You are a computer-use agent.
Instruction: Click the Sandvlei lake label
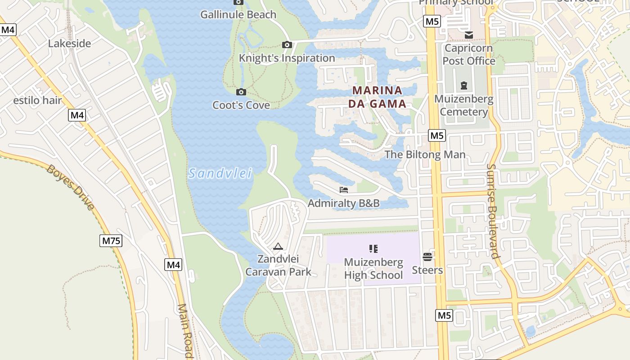click(220, 173)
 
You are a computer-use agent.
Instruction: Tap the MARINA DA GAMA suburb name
click(377, 97)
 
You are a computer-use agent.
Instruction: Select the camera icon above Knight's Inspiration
click(287, 45)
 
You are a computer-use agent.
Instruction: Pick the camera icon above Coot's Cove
click(241, 92)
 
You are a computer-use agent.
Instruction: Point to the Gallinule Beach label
click(238, 14)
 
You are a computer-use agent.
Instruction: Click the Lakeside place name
click(69, 44)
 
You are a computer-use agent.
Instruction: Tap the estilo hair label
click(37, 100)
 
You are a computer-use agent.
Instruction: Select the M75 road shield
click(111, 241)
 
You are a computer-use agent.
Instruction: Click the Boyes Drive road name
click(71, 188)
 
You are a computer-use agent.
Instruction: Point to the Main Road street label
click(185, 331)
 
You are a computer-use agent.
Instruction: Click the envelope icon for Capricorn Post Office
click(469, 35)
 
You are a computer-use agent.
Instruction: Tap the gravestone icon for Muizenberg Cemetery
click(464, 85)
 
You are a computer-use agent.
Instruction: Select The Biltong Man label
click(425, 155)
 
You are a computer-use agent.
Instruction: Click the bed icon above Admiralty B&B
click(344, 190)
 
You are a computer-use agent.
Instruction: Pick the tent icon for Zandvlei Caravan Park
click(278, 247)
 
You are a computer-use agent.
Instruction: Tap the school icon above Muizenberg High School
click(373, 248)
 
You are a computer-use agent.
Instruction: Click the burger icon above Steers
click(427, 257)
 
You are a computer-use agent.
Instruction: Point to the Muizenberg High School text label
click(373, 268)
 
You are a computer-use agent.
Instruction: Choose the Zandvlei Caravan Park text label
click(278, 265)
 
